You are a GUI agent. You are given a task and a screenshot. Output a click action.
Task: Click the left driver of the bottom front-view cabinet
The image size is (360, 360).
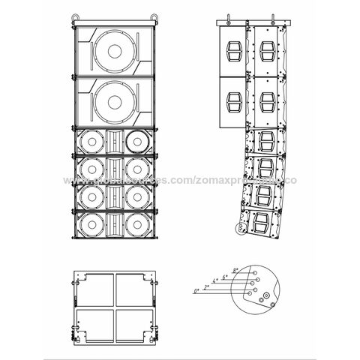[x=91, y=223]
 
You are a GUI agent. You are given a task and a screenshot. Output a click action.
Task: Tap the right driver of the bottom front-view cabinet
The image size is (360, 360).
[x=137, y=223]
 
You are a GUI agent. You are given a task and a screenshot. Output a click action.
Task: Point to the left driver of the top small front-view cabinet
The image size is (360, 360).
[x=91, y=140]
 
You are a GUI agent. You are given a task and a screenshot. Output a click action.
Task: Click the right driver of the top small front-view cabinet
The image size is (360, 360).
[x=137, y=140]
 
